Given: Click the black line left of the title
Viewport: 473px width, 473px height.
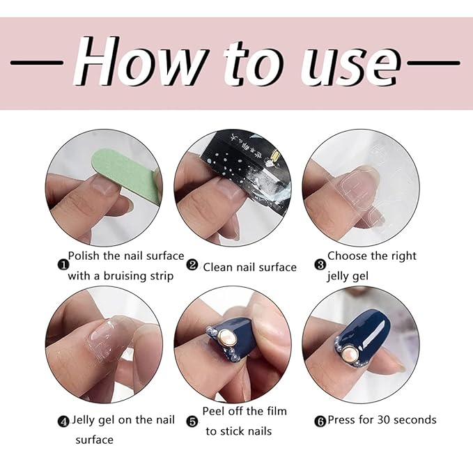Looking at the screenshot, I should point(38,63).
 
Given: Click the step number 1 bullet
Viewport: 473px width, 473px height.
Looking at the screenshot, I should point(63,265).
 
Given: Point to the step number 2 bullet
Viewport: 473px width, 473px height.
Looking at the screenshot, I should point(192,266).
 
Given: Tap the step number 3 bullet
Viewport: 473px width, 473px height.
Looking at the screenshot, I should point(320,265).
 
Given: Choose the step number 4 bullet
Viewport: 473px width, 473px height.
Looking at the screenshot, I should point(63,421).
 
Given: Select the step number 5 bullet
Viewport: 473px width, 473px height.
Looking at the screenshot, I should point(192,421).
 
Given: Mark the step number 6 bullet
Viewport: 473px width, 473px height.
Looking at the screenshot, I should point(320,421).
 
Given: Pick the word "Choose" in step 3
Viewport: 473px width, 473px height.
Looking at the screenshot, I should point(348,256).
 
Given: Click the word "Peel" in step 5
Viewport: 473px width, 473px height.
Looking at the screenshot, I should point(215,410).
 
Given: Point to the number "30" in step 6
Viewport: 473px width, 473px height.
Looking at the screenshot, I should point(385,419).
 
